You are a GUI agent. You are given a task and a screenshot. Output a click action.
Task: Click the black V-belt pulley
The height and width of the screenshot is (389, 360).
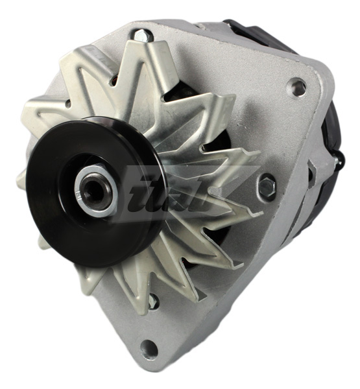point(62,214)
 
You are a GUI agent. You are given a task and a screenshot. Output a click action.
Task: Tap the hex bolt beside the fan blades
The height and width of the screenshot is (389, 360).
point(266,186)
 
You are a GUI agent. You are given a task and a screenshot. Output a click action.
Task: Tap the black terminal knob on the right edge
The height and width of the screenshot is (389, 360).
point(339,159)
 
